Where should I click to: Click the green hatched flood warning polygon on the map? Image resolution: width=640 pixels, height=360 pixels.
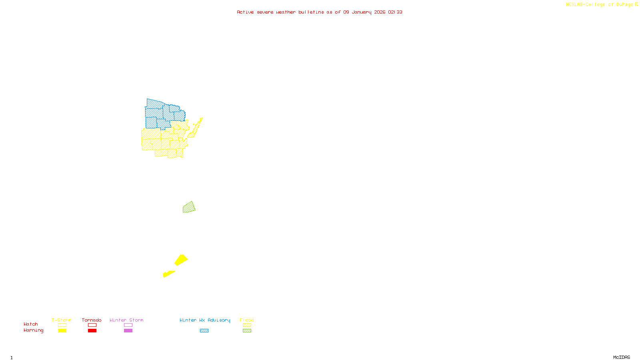tap(189, 208)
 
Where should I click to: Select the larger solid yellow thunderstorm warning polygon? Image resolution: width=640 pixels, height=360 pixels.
tap(181, 260)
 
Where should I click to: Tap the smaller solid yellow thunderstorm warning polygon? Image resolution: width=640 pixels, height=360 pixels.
tap(168, 274)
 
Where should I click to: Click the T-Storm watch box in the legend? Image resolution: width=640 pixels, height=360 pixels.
tap(62, 325)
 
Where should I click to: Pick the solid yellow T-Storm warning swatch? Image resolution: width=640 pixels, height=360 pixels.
tap(62, 331)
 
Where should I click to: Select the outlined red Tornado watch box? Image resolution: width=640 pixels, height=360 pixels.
tap(92, 325)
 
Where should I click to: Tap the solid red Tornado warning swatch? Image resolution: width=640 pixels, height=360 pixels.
tap(92, 331)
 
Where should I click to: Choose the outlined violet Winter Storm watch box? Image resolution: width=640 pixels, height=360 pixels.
tap(128, 325)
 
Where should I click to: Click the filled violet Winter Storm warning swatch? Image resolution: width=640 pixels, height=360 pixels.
tap(128, 331)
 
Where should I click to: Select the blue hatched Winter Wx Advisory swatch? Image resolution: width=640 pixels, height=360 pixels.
tap(204, 331)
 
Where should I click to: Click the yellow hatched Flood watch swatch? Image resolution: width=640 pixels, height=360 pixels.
tap(247, 325)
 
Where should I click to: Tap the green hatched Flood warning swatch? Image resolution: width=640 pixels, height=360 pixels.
tap(247, 331)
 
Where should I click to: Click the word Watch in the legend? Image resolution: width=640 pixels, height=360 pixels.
tap(31, 324)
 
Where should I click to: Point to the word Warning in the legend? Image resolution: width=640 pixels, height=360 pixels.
tap(33, 330)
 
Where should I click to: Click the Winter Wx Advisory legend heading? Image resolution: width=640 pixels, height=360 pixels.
tap(205, 320)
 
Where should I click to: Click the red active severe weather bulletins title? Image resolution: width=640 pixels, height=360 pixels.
tap(320, 12)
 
